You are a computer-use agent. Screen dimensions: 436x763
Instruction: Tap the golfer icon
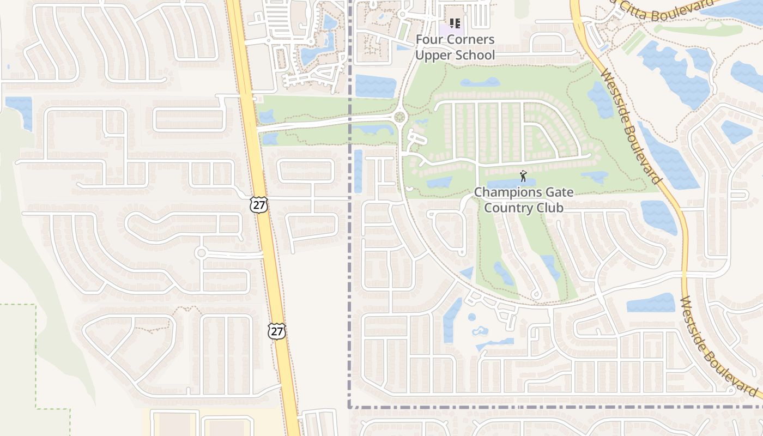tap(523, 176)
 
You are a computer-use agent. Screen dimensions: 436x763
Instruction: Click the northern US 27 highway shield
tap(259, 204)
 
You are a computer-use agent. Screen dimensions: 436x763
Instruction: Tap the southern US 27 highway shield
tap(276, 330)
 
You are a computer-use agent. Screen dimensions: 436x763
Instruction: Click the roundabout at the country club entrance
tap(401, 116)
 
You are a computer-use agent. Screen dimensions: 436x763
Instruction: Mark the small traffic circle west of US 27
tap(201, 253)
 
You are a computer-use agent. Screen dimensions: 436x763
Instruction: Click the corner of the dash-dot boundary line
tap(349, 407)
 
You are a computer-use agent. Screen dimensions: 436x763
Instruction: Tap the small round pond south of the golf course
tap(472, 317)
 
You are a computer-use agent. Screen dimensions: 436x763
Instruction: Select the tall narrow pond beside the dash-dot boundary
tap(358, 171)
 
